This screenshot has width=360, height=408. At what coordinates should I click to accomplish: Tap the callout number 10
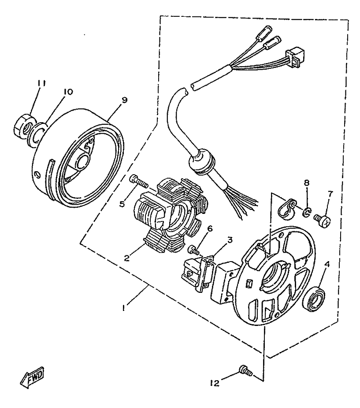pos(67,92)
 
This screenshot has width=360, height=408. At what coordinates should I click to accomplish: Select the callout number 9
pos(124,100)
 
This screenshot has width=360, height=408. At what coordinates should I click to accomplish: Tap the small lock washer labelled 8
pos(305,213)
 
